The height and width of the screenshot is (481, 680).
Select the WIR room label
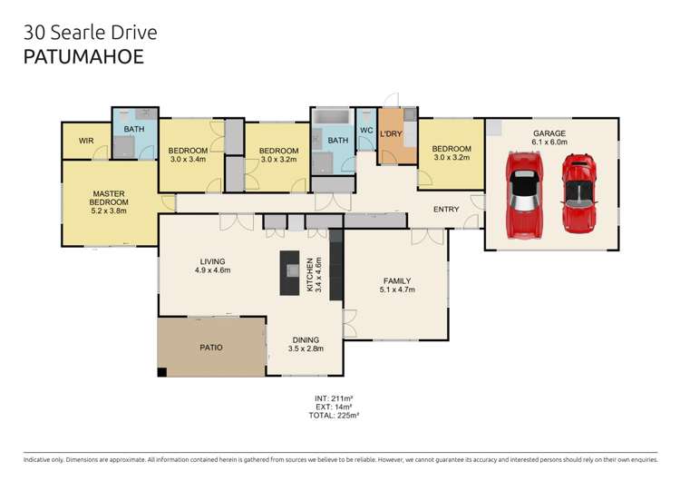point(87,141)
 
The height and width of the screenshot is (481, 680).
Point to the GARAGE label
point(549,136)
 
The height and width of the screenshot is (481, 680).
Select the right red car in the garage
point(578,191)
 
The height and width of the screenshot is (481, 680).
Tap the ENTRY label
point(446,210)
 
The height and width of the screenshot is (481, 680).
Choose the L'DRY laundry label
point(392,134)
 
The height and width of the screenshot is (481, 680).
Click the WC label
point(366,130)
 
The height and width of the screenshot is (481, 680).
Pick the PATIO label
point(210,347)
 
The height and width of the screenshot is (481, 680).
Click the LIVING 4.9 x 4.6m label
point(213,265)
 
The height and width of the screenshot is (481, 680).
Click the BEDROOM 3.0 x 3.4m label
point(189,154)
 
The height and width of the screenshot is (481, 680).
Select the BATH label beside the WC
point(338,141)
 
